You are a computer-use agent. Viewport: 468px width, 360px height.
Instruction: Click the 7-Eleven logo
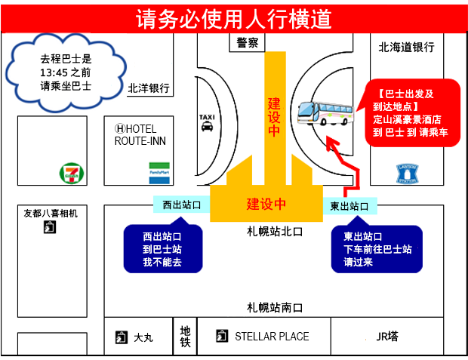click(x=70, y=173)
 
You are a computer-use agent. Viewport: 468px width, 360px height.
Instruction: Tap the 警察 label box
click(x=247, y=44)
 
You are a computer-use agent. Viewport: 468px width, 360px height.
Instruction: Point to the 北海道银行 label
click(x=406, y=48)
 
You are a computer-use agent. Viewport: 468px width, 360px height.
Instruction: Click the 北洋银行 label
click(x=149, y=88)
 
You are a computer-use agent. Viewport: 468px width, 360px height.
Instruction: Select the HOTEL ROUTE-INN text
click(x=145, y=135)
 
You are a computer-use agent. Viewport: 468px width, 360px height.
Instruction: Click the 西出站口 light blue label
click(x=181, y=205)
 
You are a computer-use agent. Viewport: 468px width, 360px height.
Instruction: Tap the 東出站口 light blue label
click(x=350, y=205)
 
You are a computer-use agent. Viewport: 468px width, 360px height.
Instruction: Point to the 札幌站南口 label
click(x=275, y=307)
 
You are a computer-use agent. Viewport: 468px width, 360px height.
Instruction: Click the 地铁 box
click(x=185, y=336)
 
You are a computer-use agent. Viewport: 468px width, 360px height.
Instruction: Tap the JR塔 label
click(x=386, y=337)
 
